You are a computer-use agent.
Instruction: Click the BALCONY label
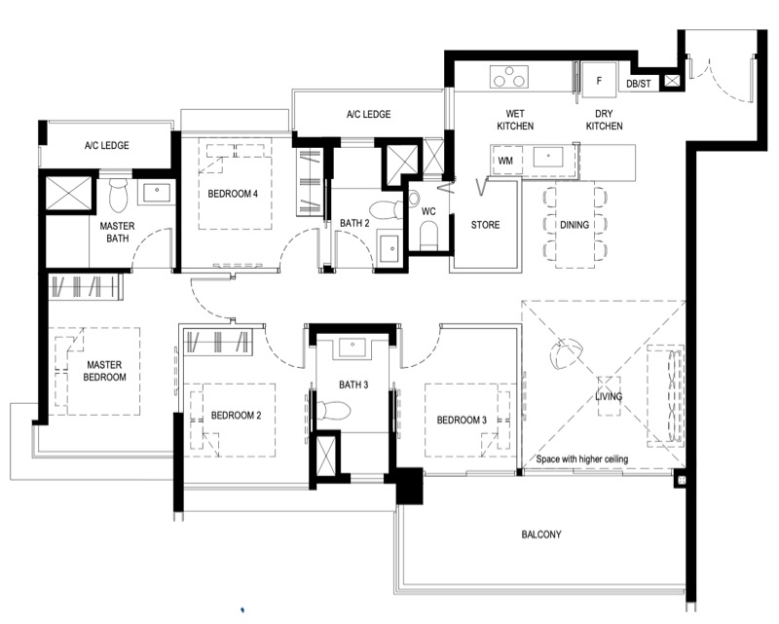541,534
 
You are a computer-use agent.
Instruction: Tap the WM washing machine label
505,161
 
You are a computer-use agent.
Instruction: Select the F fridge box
599,80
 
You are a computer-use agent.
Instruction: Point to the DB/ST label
639,84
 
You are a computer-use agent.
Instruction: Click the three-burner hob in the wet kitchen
508,77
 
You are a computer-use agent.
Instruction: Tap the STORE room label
485,225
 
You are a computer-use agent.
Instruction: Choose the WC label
428,211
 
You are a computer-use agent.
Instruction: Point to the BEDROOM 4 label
233,194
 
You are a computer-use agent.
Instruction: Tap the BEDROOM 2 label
236,416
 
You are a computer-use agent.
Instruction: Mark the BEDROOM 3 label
462,421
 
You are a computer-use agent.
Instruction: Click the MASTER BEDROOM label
104,371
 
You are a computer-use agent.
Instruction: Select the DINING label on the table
575,225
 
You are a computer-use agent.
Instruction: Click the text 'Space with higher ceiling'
581,459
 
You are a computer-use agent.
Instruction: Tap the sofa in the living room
665,395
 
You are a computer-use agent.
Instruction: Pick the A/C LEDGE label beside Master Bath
106,146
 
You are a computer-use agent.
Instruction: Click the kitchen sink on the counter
548,157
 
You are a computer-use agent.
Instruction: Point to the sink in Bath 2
390,247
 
